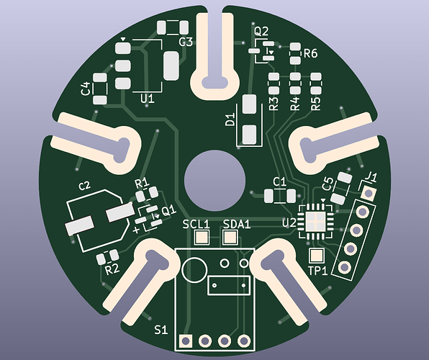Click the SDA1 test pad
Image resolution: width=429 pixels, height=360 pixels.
[231, 238]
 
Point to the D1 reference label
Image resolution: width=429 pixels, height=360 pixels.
[231, 120]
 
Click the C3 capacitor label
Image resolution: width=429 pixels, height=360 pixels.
[186, 42]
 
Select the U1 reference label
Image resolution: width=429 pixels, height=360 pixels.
[148, 97]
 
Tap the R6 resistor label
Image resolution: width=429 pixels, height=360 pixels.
[311, 53]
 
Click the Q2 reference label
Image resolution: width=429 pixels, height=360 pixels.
[261, 31]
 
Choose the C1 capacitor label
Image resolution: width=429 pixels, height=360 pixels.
[280, 181]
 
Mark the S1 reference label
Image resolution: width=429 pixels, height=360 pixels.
[161, 330]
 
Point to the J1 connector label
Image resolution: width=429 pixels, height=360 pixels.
[372, 176]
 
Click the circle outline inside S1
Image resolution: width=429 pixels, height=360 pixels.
[193, 271]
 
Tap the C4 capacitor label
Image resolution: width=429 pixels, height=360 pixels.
[86, 89]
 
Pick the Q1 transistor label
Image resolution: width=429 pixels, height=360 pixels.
[168, 211]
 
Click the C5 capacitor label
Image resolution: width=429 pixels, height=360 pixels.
[328, 184]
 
